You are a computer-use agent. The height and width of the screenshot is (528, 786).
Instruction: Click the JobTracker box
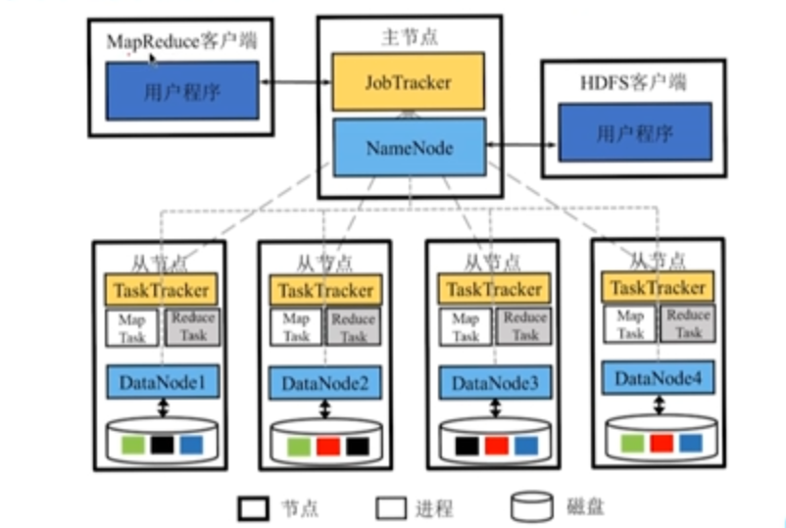(408, 82)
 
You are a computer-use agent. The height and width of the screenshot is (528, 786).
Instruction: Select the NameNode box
(408, 148)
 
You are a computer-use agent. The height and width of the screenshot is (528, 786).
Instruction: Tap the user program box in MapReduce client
(181, 93)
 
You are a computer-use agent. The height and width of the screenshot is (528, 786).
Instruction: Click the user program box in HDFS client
(634, 130)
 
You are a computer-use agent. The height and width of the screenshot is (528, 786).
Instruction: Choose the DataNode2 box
(325, 383)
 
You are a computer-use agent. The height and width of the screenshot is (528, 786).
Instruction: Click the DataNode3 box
(492, 381)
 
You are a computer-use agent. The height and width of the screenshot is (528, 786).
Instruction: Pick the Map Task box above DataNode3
(466, 327)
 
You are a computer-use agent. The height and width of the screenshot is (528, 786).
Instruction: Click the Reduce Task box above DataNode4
(688, 324)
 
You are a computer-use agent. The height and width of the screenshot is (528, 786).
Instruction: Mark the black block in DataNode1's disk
(163, 444)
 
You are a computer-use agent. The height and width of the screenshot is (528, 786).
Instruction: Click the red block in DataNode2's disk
(327, 446)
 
